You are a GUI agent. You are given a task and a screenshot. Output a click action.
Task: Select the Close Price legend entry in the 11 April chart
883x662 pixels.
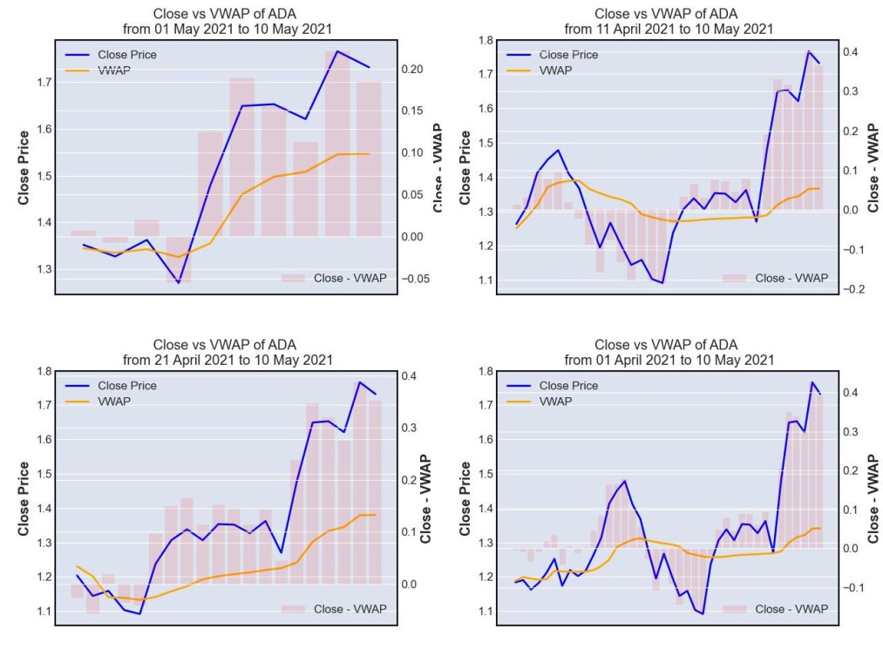552,55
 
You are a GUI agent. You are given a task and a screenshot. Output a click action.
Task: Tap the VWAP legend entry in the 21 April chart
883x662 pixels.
98,402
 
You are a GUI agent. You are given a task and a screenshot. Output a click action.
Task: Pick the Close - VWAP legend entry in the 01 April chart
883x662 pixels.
776,609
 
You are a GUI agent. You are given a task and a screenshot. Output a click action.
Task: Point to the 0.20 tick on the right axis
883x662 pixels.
412,69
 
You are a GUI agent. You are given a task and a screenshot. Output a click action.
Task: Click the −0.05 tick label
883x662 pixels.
416,279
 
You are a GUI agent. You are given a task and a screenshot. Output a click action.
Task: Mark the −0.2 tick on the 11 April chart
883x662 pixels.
853,289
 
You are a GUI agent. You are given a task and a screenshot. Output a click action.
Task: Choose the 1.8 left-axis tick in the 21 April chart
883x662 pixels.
44,371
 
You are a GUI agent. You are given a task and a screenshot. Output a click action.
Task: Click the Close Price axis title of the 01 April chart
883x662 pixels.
465,499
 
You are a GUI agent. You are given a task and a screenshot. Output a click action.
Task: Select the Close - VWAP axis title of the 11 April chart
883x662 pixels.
873,168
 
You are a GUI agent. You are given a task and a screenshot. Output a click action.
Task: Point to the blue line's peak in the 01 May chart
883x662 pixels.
337,51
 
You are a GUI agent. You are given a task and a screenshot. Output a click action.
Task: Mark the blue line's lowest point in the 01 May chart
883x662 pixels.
179,282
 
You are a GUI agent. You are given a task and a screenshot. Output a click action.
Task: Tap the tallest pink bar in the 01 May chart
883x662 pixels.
337,144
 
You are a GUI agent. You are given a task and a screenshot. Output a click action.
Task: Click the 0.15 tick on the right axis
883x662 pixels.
412,111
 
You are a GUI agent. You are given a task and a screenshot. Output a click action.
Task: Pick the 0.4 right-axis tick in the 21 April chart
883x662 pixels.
409,376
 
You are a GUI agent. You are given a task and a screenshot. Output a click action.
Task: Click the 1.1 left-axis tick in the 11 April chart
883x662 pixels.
486,280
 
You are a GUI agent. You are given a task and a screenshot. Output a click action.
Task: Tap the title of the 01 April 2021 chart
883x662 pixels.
669,353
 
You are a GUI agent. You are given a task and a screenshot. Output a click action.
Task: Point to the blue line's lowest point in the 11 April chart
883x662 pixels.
662,282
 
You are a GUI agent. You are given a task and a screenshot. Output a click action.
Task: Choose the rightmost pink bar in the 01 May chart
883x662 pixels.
369,159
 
